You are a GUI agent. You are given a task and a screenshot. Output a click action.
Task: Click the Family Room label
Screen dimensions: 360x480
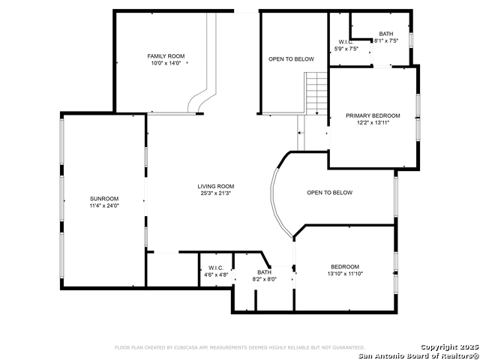[166, 56]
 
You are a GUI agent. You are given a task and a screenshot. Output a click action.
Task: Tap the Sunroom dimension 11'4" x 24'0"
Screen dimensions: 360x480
[104, 205]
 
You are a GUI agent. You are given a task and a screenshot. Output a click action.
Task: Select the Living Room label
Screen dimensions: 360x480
[216, 186]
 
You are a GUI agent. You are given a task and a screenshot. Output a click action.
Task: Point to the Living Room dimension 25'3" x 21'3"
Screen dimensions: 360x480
[216, 193]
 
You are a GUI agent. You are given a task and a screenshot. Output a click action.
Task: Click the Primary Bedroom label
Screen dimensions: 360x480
[373, 115]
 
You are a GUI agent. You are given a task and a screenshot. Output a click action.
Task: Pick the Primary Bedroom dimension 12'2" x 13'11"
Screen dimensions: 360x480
[373, 123]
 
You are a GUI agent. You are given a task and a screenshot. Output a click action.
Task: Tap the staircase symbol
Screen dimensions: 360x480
[316, 93]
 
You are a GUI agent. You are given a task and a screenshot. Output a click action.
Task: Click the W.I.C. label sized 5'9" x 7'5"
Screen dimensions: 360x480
[346, 42]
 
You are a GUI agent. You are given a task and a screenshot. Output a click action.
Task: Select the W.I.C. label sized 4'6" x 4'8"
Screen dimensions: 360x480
[216, 268]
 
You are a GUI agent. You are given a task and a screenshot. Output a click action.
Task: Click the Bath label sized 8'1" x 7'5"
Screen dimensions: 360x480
[385, 34]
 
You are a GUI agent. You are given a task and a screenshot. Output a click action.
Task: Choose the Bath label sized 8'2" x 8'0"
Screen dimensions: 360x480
[264, 272]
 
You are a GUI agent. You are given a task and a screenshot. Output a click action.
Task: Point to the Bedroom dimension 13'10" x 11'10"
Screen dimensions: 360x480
[345, 274]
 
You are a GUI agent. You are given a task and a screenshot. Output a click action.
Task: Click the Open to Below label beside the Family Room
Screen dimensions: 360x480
[291, 58]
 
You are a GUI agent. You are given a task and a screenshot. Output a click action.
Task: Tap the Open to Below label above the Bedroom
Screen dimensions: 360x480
[329, 193]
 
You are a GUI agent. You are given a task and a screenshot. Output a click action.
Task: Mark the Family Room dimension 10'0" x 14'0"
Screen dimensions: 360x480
[166, 64]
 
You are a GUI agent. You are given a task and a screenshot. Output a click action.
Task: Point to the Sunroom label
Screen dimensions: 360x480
[104, 198]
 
